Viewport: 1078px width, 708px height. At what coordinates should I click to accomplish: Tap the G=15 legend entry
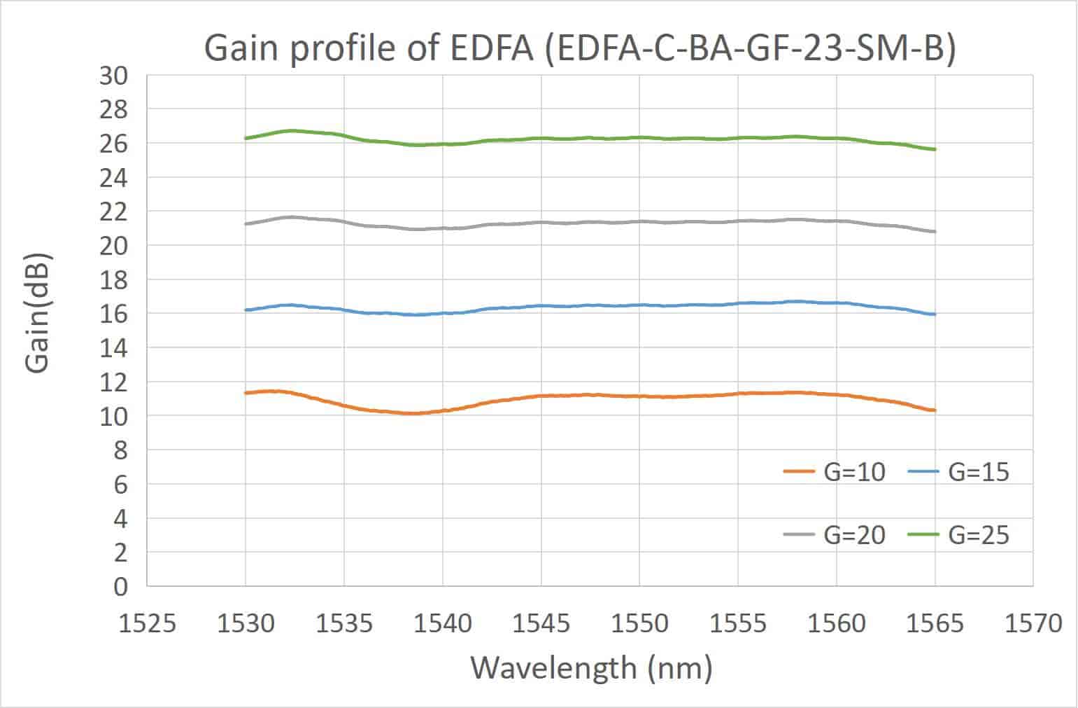click(958, 473)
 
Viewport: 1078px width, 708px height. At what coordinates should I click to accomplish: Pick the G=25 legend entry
click(958, 535)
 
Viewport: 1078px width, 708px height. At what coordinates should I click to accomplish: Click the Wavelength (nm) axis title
click(591, 667)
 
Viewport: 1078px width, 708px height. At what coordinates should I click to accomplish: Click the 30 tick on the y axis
click(114, 76)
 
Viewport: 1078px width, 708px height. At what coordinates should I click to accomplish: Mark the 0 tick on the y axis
click(121, 587)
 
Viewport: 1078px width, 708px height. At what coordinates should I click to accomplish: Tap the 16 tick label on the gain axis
click(114, 314)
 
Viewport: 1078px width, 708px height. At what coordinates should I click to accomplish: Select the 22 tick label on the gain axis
click(114, 211)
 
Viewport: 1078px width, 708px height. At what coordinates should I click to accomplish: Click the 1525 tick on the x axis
click(148, 623)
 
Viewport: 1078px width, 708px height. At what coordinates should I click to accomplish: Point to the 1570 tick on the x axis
click(1033, 623)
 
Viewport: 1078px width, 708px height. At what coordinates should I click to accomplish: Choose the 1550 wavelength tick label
click(639, 623)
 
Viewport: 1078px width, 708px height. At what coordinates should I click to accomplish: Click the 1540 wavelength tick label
click(442, 623)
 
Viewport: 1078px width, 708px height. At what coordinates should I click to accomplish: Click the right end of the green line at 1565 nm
click(934, 149)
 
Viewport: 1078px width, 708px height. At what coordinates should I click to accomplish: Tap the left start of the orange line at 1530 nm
click(246, 393)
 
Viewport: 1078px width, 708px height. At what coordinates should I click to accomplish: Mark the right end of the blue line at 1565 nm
click(934, 314)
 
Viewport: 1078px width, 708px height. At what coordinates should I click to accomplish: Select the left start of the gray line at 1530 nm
click(246, 224)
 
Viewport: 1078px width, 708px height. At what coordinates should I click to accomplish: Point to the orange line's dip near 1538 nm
click(413, 413)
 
